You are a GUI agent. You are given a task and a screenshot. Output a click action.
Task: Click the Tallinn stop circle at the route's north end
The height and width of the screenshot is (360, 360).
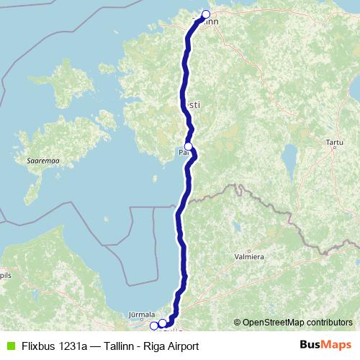(x=206, y=14)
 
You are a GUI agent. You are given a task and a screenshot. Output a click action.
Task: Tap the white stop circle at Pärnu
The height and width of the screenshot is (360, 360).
(x=189, y=147)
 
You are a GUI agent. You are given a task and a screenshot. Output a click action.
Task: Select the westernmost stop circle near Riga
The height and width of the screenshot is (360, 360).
(x=153, y=325)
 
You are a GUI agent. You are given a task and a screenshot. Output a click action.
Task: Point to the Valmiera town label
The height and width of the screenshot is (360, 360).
(x=248, y=256)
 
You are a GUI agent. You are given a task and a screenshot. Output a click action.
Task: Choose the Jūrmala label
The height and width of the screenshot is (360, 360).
(x=141, y=315)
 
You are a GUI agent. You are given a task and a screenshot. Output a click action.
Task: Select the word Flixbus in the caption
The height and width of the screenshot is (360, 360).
(x=38, y=346)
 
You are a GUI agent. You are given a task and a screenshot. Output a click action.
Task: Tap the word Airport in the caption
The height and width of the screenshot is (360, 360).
(x=181, y=346)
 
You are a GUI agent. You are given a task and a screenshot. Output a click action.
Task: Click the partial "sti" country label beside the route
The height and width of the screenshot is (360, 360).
(x=194, y=104)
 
